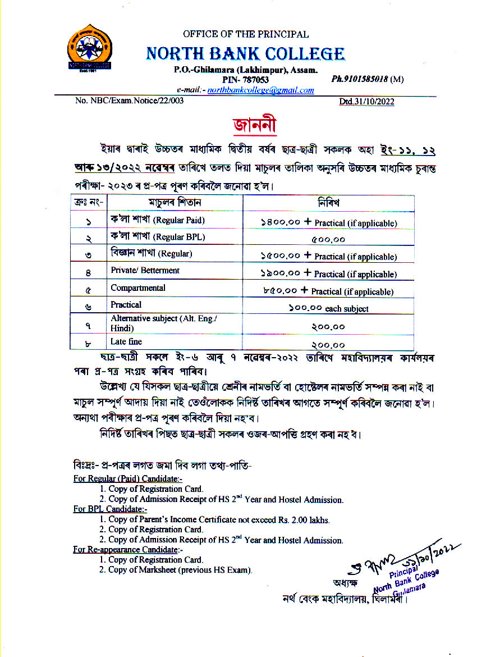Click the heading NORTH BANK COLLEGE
(245, 54)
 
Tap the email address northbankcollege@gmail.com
(260, 90)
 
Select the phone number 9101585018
(360, 79)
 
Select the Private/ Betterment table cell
(145, 271)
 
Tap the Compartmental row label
(137, 288)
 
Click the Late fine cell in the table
(126, 341)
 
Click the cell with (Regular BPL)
(157, 237)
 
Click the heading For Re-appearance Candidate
(128, 549)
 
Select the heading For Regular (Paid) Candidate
(128, 478)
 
